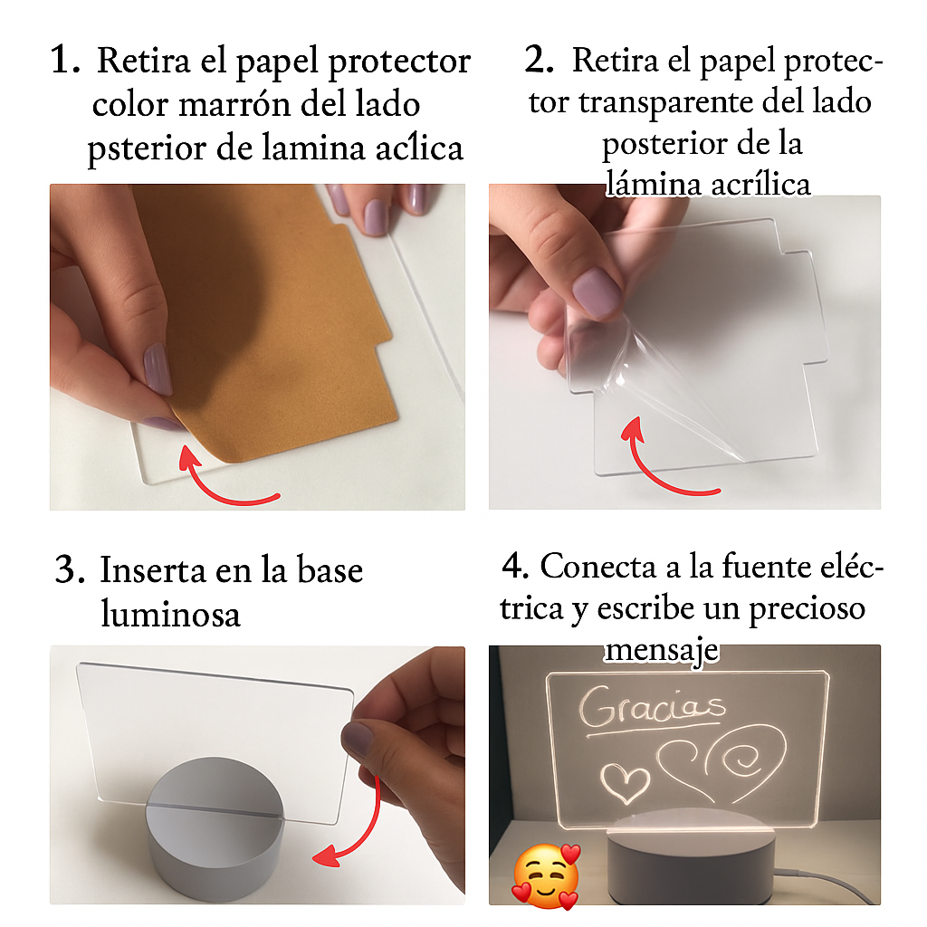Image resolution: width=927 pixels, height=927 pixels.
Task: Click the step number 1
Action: pyautogui.click(x=64, y=60)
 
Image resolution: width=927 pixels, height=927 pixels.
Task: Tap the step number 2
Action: pyautogui.click(x=539, y=60)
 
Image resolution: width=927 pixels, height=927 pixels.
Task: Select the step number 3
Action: pyautogui.click(x=70, y=569)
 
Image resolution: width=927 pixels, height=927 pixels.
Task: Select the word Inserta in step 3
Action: pyautogui.click(x=152, y=569)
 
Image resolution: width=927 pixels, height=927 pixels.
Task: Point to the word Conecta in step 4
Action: pyautogui.click(x=597, y=566)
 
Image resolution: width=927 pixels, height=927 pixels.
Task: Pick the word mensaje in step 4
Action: pyautogui.click(x=662, y=651)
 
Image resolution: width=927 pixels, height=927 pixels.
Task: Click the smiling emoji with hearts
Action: pyautogui.click(x=546, y=876)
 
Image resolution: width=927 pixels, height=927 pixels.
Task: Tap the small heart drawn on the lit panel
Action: pyautogui.click(x=625, y=782)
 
